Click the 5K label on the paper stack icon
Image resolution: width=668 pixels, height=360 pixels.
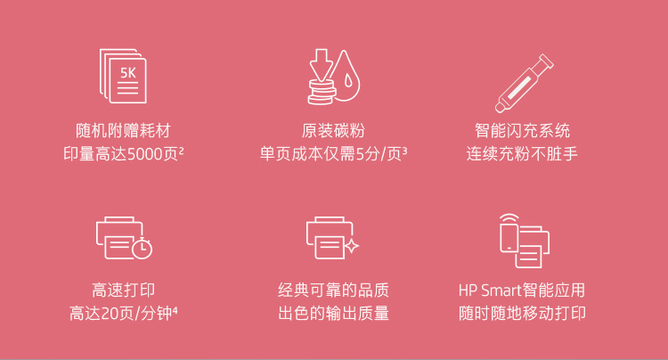[127, 73]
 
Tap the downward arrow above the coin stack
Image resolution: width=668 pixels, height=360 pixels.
[322, 64]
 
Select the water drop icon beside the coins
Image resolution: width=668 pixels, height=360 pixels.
[346, 76]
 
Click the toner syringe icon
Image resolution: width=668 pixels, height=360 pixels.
[524, 83]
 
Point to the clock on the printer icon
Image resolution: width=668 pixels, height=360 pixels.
[143, 248]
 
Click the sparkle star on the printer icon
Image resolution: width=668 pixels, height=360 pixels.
[352, 245]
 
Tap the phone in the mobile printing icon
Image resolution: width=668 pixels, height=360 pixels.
[509, 238]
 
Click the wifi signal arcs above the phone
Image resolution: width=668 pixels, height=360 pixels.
[509, 217]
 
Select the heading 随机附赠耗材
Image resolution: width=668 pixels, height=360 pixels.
[123, 130]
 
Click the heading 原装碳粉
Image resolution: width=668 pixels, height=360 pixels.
[334, 130]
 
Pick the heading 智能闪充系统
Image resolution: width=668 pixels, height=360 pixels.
[522, 130]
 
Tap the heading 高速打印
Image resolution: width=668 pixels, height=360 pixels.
[124, 290]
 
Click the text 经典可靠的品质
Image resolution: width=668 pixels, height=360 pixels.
[334, 290]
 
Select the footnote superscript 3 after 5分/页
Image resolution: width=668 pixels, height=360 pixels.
[404, 150]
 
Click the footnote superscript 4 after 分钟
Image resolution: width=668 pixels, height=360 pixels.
[175, 310]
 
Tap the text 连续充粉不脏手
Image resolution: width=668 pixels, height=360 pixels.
[522, 153]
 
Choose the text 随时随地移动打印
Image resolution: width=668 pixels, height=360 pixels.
[522, 313]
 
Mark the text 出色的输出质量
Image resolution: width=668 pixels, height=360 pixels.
[334, 313]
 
